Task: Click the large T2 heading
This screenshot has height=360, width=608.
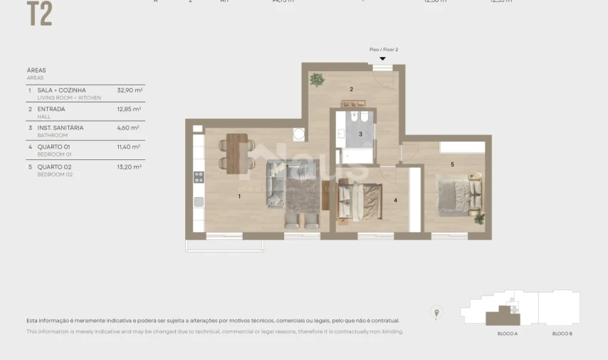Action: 39,14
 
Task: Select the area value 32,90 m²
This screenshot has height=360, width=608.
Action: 130,90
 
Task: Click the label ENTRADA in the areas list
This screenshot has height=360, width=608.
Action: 51,109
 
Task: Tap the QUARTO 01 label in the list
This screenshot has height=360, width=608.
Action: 53,147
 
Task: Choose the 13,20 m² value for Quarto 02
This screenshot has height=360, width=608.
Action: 130,166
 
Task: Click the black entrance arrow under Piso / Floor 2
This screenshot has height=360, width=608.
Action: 383,59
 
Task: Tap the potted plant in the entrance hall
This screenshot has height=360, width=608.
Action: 318,80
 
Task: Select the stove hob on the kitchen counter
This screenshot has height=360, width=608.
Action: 199,177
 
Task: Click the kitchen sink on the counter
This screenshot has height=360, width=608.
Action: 199,201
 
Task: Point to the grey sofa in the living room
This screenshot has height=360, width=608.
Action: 276,184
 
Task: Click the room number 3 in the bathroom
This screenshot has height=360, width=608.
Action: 360,134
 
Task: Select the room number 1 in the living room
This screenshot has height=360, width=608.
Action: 239,196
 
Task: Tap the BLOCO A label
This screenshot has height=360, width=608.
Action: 507,333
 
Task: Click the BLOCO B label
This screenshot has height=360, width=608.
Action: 562,333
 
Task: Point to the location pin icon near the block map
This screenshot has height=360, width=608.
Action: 437,312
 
